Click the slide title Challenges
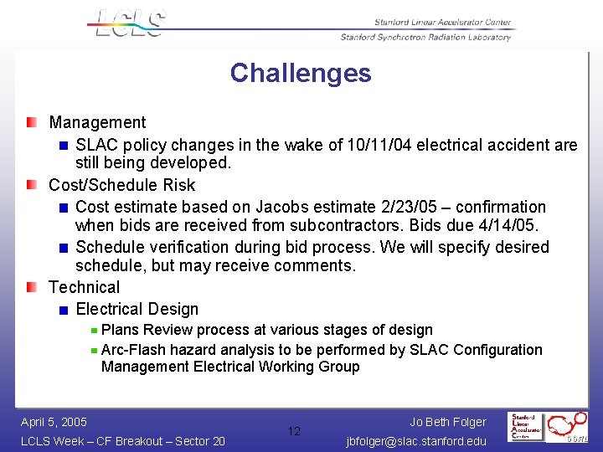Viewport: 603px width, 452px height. (x=301, y=74)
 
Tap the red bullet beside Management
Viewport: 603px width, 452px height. (x=31, y=123)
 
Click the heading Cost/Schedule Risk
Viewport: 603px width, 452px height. (x=121, y=185)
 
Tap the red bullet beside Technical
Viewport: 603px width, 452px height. (x=31, y=287)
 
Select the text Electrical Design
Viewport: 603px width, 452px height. (x=137, y=309)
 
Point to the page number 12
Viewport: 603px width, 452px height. (x=294, y=431)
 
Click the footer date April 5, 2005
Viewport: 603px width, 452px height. (x=54, y=422)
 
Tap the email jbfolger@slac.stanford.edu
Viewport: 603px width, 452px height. (x=415, y=441)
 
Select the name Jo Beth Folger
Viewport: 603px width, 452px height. (x=448, y=422)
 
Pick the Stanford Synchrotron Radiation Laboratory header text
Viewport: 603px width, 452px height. (x=425, y=37)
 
